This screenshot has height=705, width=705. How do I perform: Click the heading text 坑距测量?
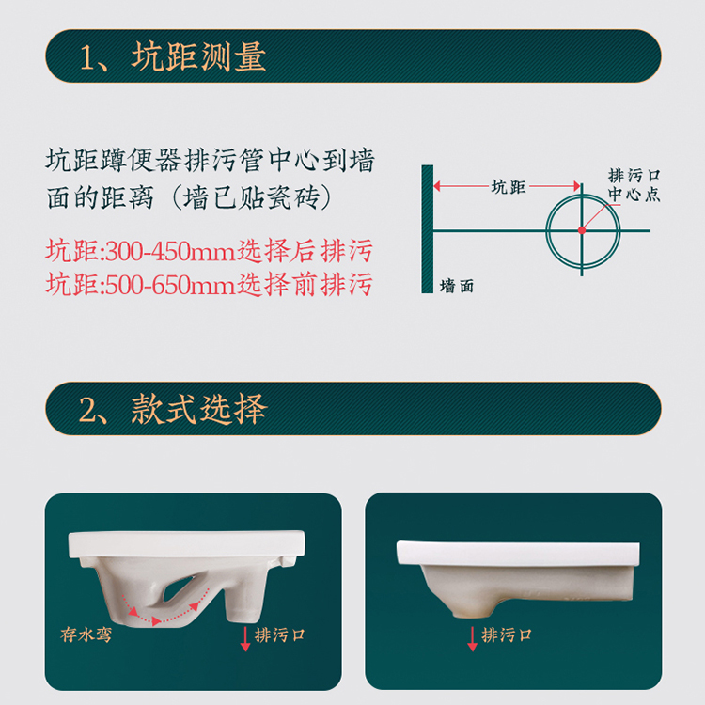pyautogui.click(x=198, y=56)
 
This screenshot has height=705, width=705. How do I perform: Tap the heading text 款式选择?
pyautogui.click(x=198, y=409)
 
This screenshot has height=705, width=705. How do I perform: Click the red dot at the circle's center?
pyautogui.click(x=582, y=230)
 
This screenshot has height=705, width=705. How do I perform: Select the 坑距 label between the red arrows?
pyautogui.click(x=509, y=187)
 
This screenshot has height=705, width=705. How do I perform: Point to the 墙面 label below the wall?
pyautogui.click(x=457, y=286)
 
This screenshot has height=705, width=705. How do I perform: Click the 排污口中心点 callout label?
pyautogui.click(x=634, y=185)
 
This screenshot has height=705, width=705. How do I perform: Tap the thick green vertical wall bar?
pyautogui.click(x=427, y=228)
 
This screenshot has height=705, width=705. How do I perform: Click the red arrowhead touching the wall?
pyautogui.click(x=437, y=186)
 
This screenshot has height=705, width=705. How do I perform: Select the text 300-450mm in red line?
pyautogui.click(x=170, y=251)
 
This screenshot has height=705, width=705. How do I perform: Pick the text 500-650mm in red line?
pyautogui.click(x=170, y=285)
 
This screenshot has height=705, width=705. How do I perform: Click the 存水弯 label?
pyautogui.click(x=86, y=634)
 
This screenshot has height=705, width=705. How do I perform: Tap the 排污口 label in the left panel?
pyautogui.click(x=280, y=634)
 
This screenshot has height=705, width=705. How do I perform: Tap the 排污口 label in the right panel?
pyautogui.click(x=507, y=634)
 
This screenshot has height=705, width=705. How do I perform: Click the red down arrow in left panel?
pyautogui.click(x=245, y=638)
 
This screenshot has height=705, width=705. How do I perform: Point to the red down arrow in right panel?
pyautogui.click(x=472, y=638)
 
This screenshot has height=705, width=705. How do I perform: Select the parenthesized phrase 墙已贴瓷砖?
pyautogui.click(x=252, y=197)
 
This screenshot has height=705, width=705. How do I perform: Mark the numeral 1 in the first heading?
pyautogui.click(x=87, y=57)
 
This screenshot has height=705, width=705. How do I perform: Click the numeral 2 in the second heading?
pyautogui.click(x=88, y=409)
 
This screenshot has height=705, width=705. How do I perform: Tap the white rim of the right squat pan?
pyautogui.click(x=518, y=554)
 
